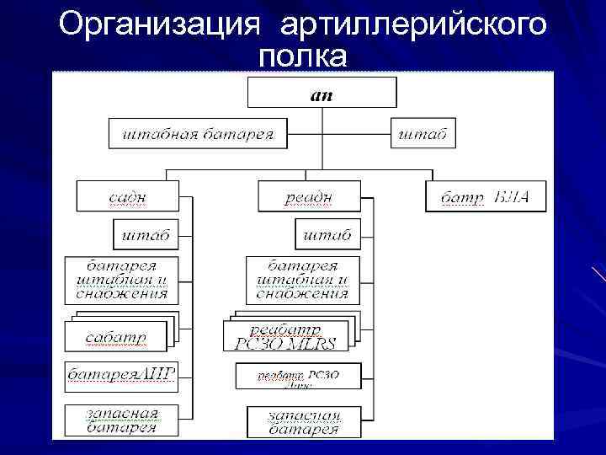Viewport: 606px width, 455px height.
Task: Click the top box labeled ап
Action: (x=322, y=92)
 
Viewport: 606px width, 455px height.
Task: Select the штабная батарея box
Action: (x=198, y=133)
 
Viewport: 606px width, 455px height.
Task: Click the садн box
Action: (x=127, y=196)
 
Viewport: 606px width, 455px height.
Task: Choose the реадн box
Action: (x=308, y=196)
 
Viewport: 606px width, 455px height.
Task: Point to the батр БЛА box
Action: (x=486, y=196)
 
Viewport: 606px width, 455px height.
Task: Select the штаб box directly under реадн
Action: (x=323, y=234)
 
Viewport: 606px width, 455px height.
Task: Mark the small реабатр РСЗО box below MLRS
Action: (x=298, y=377)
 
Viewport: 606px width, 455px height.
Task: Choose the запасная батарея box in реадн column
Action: (x=303, y=422)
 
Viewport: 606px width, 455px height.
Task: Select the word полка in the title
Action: (x=303, y=56)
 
